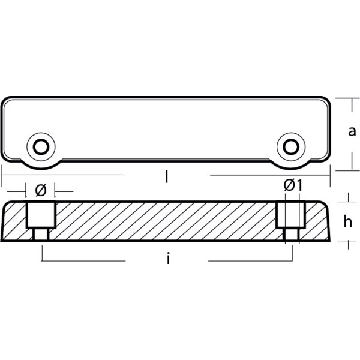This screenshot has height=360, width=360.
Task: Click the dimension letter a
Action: click(x=352, y=131)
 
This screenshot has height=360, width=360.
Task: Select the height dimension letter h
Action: click(x=347, y=221)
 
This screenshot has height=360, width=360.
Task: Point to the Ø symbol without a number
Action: click(x=41, y=190)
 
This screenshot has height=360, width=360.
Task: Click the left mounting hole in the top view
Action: click(x=41, y=146)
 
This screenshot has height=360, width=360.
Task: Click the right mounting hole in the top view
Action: click(x=291, y=146)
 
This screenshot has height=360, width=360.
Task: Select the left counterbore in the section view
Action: click(x=41, y=214)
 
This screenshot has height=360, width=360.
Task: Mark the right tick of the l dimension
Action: click(x=331, y=175)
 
